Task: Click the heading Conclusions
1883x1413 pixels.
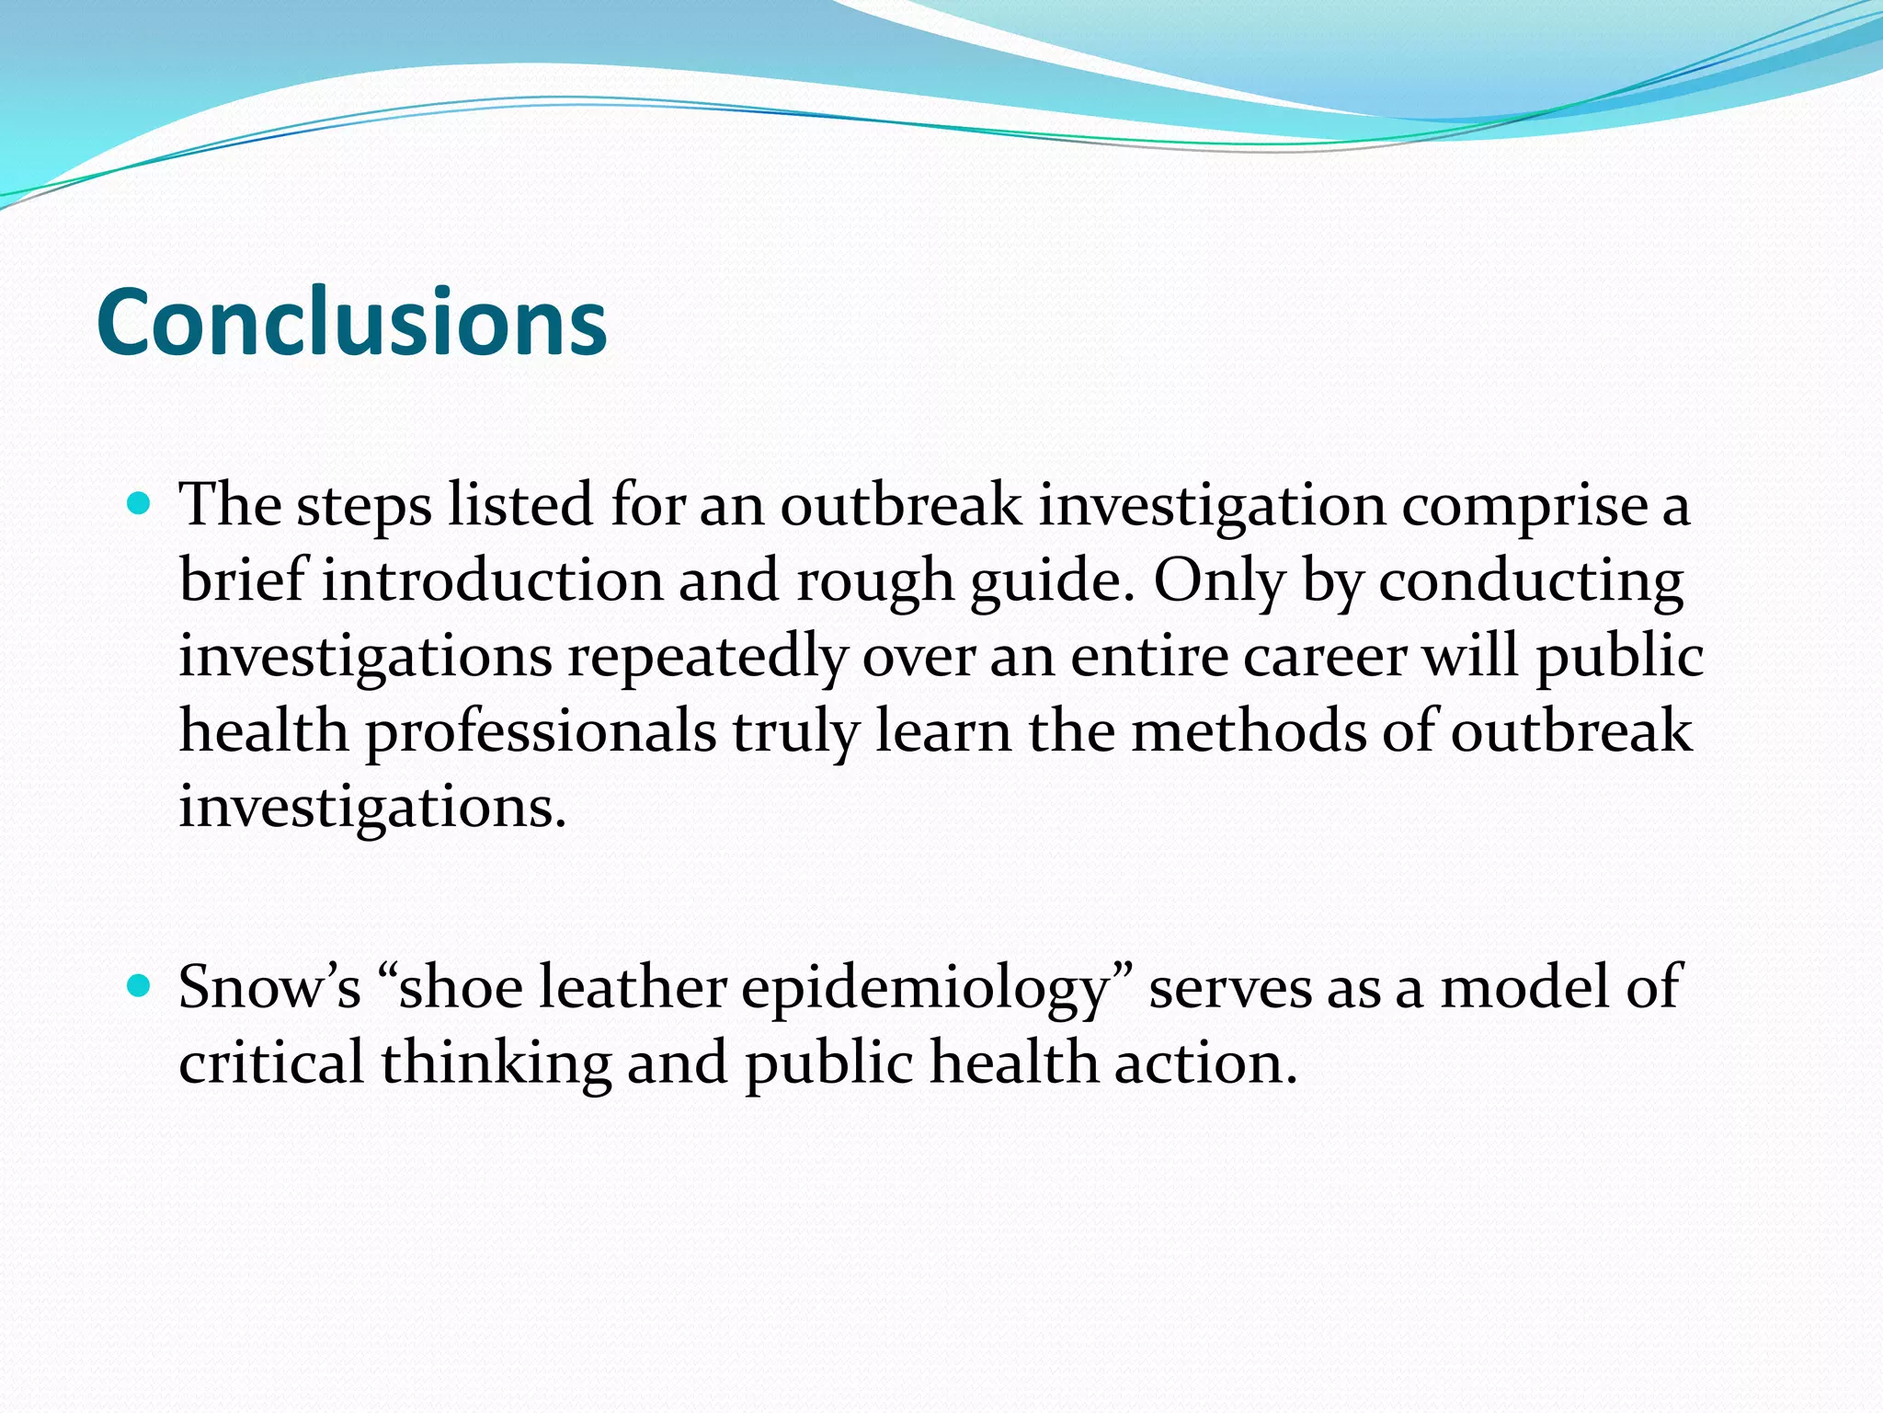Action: point(351,322)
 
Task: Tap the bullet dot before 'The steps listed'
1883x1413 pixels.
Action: point(139,504)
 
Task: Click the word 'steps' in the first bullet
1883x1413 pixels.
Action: point(364,506)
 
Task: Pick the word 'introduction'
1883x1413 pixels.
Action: point(492,581)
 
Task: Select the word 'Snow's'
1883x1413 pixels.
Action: point(269,988)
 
